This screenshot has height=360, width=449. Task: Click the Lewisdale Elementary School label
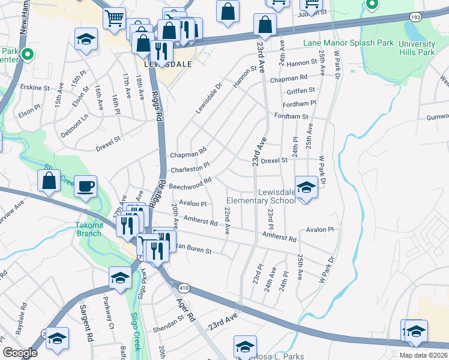pos(261,196)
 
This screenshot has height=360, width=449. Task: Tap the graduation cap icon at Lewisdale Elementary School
pos(306,187)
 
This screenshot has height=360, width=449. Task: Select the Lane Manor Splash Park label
pos(348,43)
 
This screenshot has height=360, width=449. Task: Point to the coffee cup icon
pos(86,185)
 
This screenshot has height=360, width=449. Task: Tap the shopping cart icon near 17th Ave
pos(114,18)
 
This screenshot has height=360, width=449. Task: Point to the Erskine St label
pos(34,88)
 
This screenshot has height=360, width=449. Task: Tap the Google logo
pos(20,352)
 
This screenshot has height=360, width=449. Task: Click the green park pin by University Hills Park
pos(372,5)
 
